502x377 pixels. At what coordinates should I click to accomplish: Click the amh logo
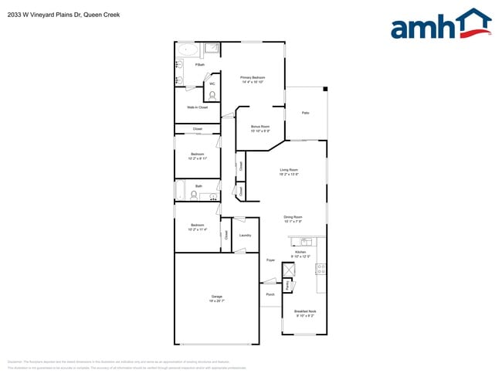click(x=440, y=25)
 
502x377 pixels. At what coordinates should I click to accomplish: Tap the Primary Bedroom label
click(x=253, y=78)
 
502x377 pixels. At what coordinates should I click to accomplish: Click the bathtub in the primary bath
click(x=188, y=51)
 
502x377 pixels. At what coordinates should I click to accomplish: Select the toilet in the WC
click(x=212, y=96)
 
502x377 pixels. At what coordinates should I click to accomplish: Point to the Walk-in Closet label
click(x=197, y=107)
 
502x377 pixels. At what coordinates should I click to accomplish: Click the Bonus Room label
click(x=259, y=127)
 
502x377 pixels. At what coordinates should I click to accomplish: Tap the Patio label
click(x=305, y=114)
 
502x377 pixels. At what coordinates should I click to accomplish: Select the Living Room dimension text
click(x=289, y=175)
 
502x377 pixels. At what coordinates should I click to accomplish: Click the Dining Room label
click(x=293, y=217)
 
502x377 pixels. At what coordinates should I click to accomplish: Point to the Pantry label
click(x=288, y=284)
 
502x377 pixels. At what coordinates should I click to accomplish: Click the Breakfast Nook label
click(x=305, y=311)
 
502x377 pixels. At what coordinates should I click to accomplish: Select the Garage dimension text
click(x=217, y=301)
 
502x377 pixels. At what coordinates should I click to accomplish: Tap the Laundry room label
click(x=245, y=235)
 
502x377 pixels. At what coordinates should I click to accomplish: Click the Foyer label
click(x=270, y=260)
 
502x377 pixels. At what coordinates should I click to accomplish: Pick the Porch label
click(x=270, y=294)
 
